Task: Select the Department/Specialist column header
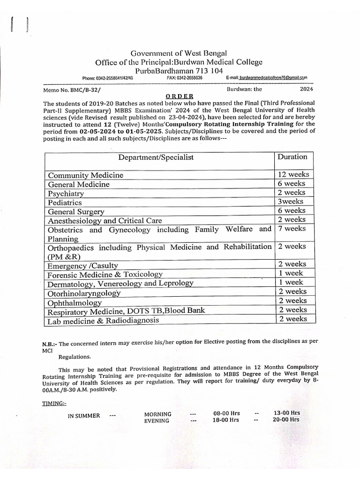[156, 157]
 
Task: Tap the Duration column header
[292, 157]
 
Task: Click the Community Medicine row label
[86, 175]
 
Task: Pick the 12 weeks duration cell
[293, 174]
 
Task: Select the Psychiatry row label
[66, 193]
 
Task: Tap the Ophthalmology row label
[75, 302]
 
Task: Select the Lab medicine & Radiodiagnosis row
[103, 321]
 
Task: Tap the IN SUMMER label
[84, 415]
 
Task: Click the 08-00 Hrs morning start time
[226, 413]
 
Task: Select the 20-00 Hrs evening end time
[286, 420]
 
